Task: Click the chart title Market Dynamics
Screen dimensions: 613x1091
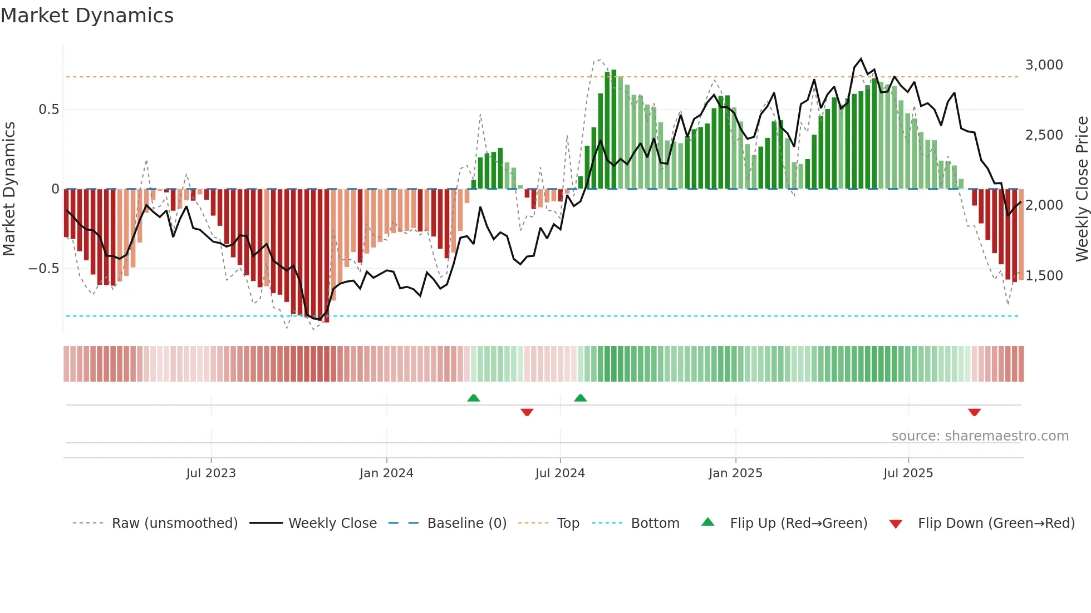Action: click(87, 16)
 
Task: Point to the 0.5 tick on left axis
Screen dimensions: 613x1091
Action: click(48, 110)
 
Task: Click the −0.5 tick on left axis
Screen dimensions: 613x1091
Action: click(43, 269)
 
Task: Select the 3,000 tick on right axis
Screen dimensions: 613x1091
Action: click(1044, 65)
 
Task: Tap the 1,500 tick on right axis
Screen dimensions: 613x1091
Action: click(1044, 276)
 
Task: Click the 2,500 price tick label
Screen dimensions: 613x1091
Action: click(1044, 135)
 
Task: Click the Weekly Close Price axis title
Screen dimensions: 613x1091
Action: click(1082, 189)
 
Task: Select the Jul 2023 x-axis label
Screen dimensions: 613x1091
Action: click(211, 473)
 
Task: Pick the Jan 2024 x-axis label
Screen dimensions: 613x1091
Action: click(386, 473)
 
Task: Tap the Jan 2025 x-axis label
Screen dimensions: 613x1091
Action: click(735, 473)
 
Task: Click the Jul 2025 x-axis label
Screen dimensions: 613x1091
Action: click(908, 473)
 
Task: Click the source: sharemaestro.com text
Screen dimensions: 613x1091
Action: click(980, 436)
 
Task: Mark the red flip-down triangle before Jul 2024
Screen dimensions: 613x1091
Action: click(527, 412)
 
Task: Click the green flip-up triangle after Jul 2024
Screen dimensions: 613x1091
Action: click(581, 398)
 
